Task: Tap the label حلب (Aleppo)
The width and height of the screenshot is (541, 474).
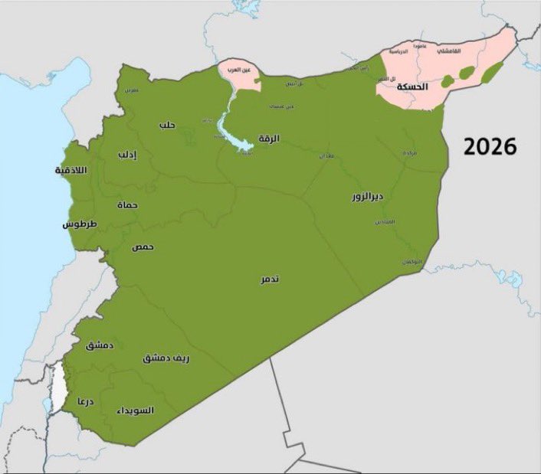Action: [x=167, y=125]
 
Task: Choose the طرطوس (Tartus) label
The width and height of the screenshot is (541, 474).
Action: [x=79, y=225]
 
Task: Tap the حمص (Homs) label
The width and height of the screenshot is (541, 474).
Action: [x=142, y=247]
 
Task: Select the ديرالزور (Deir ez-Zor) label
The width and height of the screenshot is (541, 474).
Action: [x=368, y=197]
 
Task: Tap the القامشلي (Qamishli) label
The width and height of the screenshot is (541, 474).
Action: [x=451, y=51]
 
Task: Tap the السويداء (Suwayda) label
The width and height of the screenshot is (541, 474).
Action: [x=136, y=410]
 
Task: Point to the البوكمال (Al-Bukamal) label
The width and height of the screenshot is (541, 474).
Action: [x=412, y=262]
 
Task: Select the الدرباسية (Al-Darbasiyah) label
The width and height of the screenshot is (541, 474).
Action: [x=398, y=52]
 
